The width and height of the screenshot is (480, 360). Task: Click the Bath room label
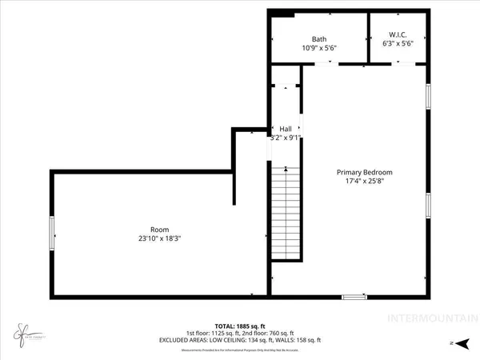[319, 38]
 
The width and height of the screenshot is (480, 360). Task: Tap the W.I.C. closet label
[397, 34]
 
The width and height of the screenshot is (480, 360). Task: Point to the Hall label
[286, 128]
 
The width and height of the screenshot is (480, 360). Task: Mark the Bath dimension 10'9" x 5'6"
[319, 48]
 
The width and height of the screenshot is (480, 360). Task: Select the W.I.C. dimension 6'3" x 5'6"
[397, 43]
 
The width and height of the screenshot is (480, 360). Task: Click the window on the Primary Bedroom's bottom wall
[356, 298]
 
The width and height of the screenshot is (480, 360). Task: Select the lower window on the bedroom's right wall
[428, 206]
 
